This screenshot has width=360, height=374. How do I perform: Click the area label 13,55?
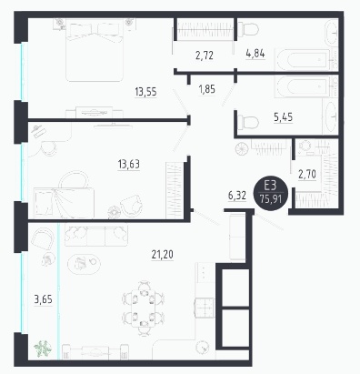pyautogui.click(x=145, y=91)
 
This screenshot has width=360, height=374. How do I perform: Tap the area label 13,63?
pyautogui.click(x=129, y=164)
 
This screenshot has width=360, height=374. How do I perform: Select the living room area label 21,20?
pyautogui.click(x=163, y=254)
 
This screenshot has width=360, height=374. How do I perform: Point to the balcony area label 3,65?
pyautogui.click(x=43, y=299)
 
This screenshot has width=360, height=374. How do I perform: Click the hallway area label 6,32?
pyautogui.click(x=237, y=196)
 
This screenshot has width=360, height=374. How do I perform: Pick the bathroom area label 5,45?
pyautogui.click(x=284, y=116)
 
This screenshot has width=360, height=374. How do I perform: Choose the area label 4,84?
pyautogui.click(x=255, y=54)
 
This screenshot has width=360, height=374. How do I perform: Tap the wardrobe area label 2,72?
pyautogui.click(x=205, y=56)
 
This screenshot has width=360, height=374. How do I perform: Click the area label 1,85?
pyautogui.click(x=207, y=89)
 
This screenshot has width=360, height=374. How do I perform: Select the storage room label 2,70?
pyautogui.click(x=307, y=174)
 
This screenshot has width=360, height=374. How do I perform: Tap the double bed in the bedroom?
pyautogui.click(x=95, y=50)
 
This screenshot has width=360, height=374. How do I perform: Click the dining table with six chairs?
pyautogui.click(x=143, y=308)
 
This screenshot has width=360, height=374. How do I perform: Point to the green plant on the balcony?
pyautogui.click(x=42, y=349)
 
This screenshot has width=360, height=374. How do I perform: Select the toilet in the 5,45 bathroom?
pyautogui.click(x=248, y=123)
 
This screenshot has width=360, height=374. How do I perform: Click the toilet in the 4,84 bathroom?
pyautogui.click(x=248, y=29)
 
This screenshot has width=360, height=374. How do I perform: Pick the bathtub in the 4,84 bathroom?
pyautogui.click(x=303, y=60)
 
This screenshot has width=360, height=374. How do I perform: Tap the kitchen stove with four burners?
pyautogui.click(x=205, y=308)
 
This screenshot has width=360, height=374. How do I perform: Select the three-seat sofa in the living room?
pyautogui.click(x=96, y=236)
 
